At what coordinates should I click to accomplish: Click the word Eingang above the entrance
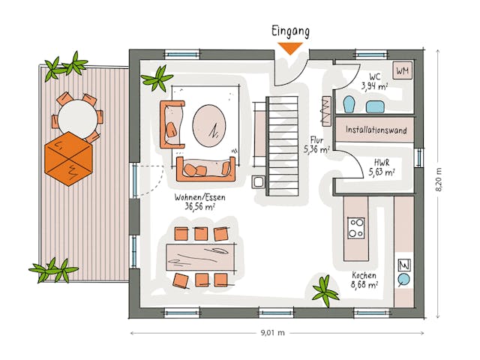click(x=289, y=31)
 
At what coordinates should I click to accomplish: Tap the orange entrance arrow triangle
click(x=290, y=49)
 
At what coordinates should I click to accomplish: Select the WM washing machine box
click(x=402, y=71)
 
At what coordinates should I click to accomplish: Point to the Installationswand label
click(x=376, y=130)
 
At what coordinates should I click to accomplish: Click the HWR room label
click(x=381, y=162)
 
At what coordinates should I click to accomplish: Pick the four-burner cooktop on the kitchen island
click(x=355, y=226)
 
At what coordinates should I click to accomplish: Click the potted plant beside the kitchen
click(x=325, y=287)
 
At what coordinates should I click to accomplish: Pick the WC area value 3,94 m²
click(x=373, y=85)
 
